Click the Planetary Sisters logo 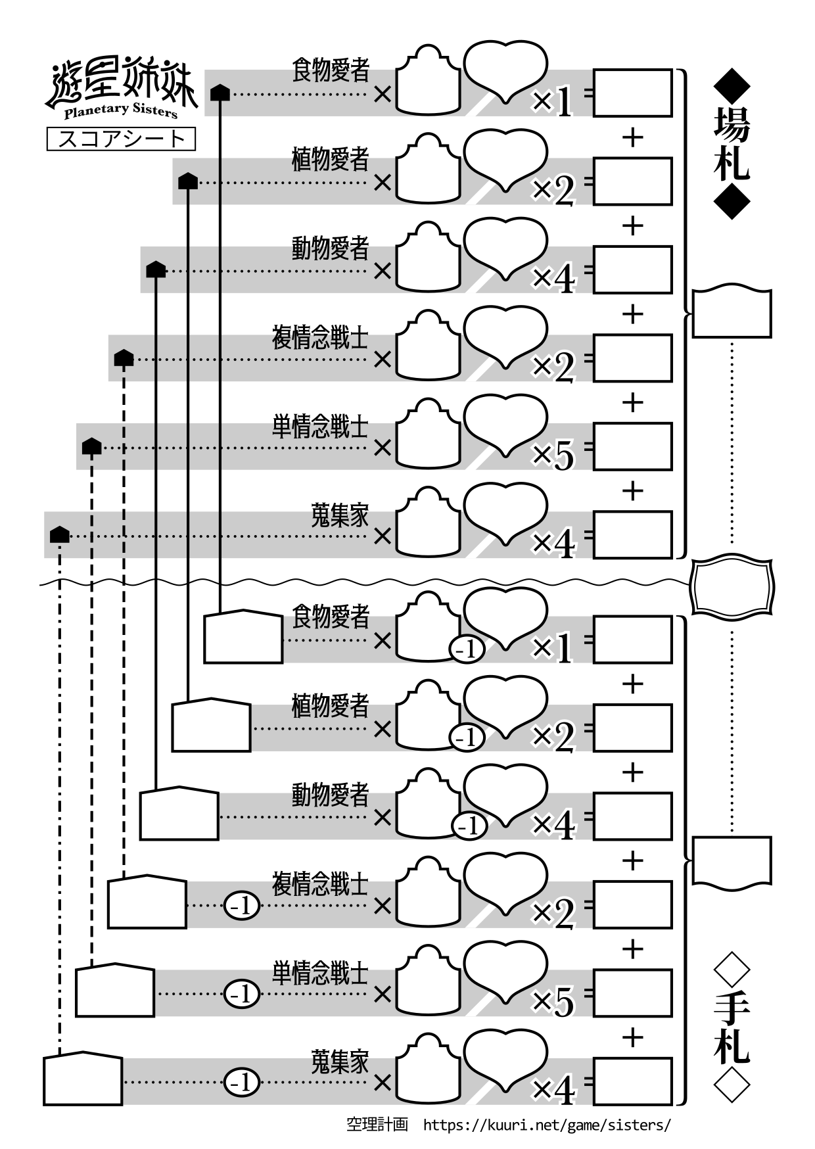click(x=122, y=91)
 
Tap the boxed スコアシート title click(x=122, y=139)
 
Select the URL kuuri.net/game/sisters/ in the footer click(x=547, y=1125)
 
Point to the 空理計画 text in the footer click(x=377, y=1125)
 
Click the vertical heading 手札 click(x=732, y=1028)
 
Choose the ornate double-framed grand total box click(x=732, y=586)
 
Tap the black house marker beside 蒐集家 click(x=60, y=534)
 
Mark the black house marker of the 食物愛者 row click(x=220, y=93)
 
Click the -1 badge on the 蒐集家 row click(x=243, y=1082)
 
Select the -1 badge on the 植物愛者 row click(x=467, y=738)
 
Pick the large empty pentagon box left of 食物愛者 click(x=243, y=637)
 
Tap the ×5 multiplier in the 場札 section click(x=553, y=454)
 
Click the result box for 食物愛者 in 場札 click(x=632, y=93)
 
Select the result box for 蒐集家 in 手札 click(x=632, y=1082)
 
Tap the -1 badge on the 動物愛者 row click(x=469, y=826)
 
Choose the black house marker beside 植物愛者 click(x=188, y=181)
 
